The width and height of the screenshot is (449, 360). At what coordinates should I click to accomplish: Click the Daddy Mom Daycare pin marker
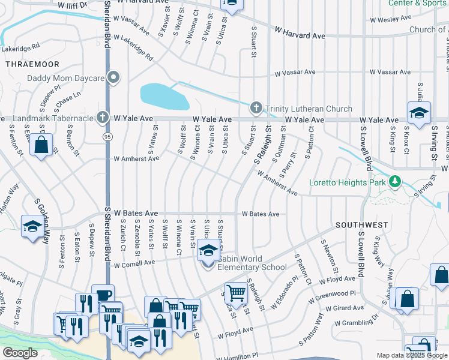pos(112,77)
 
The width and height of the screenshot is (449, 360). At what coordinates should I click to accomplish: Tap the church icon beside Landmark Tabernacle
pos(103,117)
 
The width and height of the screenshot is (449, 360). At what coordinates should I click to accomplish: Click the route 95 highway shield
pos(107,137)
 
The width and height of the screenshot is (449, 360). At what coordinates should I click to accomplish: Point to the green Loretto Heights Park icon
pos(394,181)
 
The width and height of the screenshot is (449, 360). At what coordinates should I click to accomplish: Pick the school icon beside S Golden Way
pos(32,226)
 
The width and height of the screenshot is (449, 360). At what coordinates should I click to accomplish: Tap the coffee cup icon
pos(103,295)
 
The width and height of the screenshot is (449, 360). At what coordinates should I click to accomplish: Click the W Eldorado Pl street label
pos(283,293)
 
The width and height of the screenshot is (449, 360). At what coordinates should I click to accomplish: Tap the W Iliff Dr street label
pos(73,4)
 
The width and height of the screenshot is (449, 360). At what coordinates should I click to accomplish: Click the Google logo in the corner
pos(20,353)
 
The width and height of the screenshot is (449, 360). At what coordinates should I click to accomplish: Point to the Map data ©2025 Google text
pos(411,355)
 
